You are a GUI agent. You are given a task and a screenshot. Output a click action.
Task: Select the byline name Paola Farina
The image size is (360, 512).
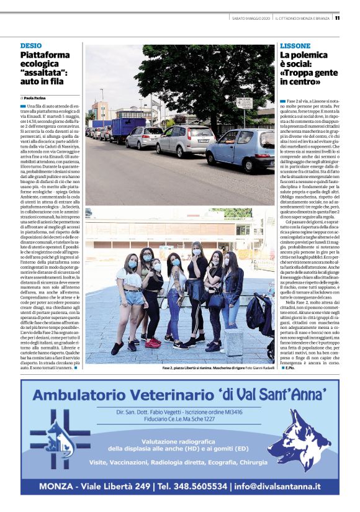click(x=37, y=97)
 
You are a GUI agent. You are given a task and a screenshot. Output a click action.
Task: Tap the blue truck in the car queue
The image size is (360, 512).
click(x=127, y=129)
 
